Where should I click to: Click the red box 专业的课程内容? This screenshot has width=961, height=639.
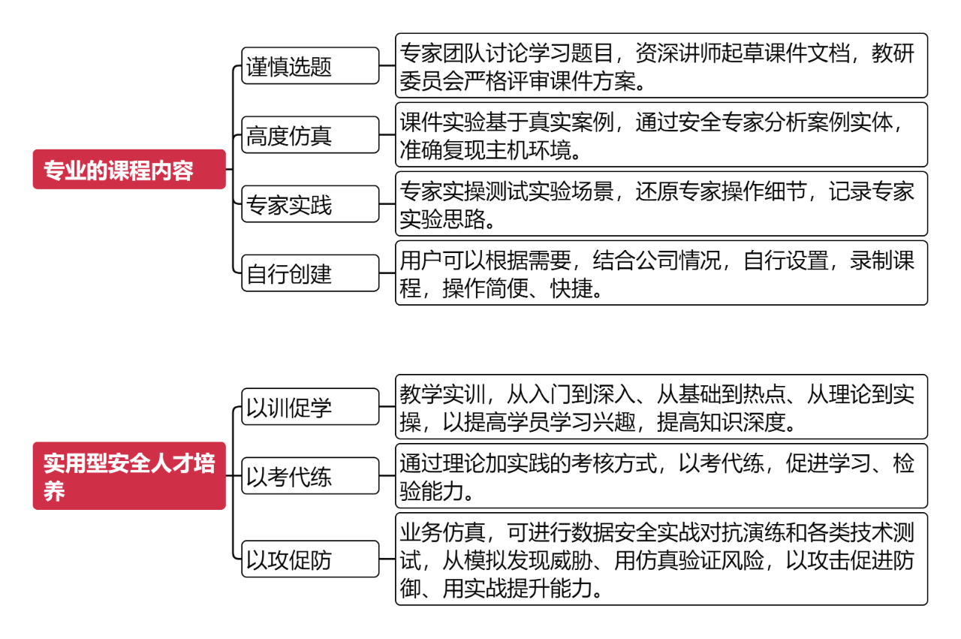(x=129, y=169)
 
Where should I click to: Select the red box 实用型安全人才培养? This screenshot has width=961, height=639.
(x=129, y=475)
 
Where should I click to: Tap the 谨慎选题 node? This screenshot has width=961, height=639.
(x=310, y=65)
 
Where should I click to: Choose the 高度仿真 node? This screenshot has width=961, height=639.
(x=310, y=134)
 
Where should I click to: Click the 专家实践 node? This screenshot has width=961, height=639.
(x=310, y=203)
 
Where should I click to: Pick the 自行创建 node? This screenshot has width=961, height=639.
(x=310, y=273)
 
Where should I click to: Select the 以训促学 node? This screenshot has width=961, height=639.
(x=310, y=406)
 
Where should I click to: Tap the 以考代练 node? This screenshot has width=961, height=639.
(x=310, y=475)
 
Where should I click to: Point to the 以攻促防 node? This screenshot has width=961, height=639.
(x=310, y=559)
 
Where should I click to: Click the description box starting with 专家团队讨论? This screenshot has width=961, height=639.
(x=661, y=65)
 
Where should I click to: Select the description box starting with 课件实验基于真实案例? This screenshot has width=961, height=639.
(x=661, y=134)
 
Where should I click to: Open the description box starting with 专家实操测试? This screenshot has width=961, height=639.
(x=661, y=203)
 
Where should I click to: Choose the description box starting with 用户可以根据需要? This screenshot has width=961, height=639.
(x=661, y=273)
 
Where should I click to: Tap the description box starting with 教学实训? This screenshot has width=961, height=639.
(x=661, y=406)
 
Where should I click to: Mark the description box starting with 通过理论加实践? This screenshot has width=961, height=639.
(x=661, y=475)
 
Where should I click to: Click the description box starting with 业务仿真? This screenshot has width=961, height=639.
(x=661, y=559)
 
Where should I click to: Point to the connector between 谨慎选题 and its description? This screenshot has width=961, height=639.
(x=387, y=65)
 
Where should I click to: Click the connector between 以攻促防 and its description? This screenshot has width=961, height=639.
(x=387, y=559)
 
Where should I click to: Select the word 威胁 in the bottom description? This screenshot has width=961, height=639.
(x=571, y=560)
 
